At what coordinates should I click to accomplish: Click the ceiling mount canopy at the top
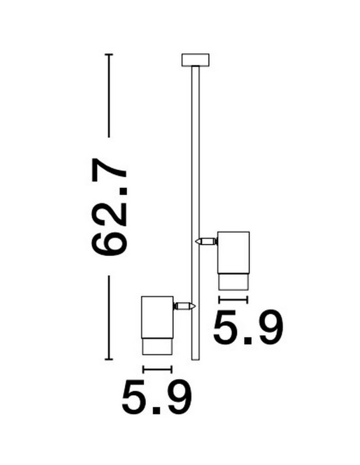195,60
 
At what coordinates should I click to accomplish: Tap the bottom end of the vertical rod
195,357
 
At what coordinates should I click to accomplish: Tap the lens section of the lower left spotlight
157,346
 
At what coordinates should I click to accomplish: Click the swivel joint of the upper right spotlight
206,241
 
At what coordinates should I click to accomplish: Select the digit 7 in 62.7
110,170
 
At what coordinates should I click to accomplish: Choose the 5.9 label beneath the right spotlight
247,328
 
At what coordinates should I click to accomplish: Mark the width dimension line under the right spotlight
233,300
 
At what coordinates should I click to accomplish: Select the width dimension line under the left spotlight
157,370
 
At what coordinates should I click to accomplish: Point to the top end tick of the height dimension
109,55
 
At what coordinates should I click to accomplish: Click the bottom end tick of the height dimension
109,359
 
